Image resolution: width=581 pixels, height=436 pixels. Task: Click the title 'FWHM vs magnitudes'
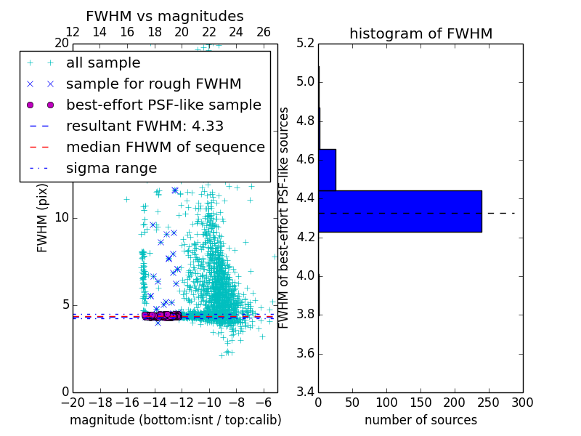tap(165, 16)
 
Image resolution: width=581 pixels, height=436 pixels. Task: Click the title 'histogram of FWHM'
tap(420, 33)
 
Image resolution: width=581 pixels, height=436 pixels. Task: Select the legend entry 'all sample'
tap(103, 62)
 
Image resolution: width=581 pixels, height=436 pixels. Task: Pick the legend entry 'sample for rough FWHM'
tap(153, 84)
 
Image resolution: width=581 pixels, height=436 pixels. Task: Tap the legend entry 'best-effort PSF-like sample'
tap(163, 105)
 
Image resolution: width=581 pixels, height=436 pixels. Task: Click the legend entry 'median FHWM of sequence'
tap(165, 147)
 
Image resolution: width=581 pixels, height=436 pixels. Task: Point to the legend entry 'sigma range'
tap(111, 168)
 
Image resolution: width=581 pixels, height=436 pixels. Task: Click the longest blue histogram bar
tap(399, 211)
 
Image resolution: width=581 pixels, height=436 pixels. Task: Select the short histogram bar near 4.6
tap(327, 169)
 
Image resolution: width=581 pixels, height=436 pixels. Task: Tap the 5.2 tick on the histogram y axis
tap(306, 43)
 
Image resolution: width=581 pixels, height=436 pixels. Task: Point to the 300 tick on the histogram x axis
tap(522, 403)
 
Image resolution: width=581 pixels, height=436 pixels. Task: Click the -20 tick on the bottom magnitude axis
tap(73, 403)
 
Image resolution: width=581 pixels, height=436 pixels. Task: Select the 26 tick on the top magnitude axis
tap(264, 32)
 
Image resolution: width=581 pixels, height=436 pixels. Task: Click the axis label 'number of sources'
tap(420, 420)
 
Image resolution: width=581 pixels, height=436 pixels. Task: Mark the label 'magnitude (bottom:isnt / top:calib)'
tap(175, 420)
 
